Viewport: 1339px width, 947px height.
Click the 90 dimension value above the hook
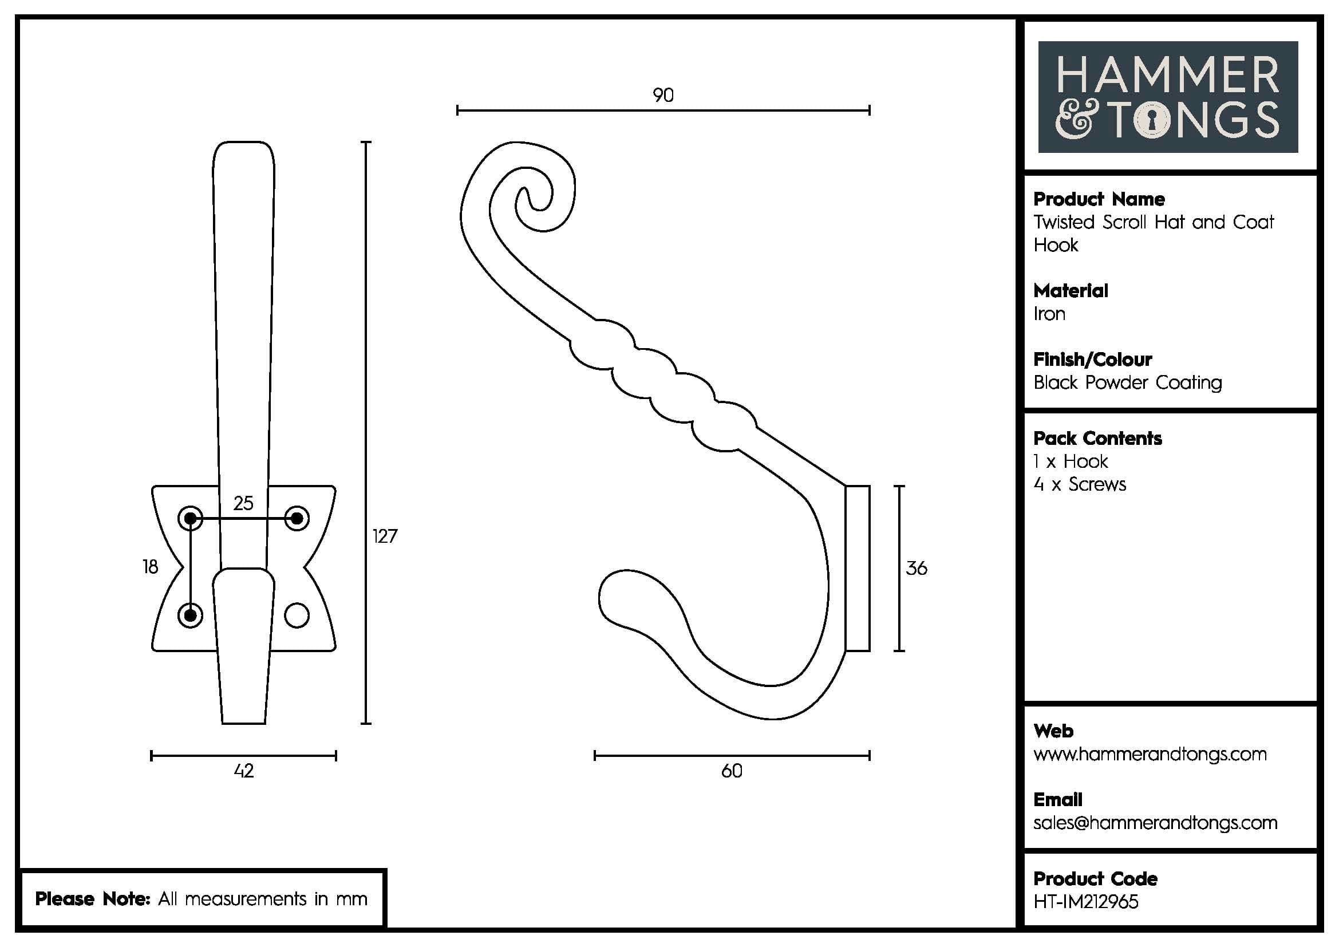(x=663, y=95)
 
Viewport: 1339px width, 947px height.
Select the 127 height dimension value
(x=385, y=536)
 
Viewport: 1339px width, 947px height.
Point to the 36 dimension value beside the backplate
(x=916, y=568)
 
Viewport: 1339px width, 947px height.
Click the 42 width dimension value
(x=244, y=771)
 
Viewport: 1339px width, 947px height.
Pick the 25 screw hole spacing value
(x=243, y=503)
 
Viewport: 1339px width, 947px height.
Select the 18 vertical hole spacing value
(x=150, y=567)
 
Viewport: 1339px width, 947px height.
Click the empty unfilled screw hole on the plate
(x=297, y=615)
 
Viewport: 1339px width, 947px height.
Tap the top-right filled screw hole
(x=297, y=518)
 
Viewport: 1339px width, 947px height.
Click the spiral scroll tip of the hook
(x=531, y=201)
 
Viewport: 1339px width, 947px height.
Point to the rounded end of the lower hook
(x=613, y=595)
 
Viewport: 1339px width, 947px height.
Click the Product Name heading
(x=1099, y=199)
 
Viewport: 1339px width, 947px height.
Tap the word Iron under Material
(x=1049, y=314)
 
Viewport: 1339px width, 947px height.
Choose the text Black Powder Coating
(x=1127, y=383)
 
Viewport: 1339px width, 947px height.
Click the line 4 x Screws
(x=1080, y=484)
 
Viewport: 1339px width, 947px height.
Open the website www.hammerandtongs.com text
(x=1150, y=754)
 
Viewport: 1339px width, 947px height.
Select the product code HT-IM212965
(x=1085, y=902)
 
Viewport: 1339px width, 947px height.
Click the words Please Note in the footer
(x=93, y=898)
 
